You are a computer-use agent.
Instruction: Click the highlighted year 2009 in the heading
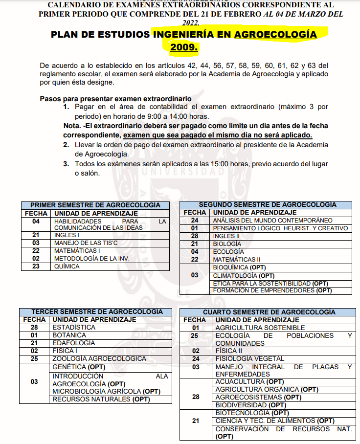184,47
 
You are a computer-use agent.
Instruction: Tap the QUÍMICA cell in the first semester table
67,266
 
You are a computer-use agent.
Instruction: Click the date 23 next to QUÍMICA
36,266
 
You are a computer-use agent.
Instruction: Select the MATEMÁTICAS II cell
237,259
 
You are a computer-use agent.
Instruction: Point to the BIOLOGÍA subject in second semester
227,244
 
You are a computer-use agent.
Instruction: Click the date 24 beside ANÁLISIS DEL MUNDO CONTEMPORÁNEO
195,221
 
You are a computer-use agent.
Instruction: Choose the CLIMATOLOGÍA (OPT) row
244,275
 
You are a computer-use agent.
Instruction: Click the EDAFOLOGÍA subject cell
74,343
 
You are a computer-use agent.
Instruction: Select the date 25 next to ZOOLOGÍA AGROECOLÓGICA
34,358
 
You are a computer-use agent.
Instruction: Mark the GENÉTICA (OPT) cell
76,366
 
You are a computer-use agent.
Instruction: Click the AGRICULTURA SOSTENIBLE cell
260,328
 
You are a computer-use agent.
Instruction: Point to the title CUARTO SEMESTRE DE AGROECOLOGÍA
269,312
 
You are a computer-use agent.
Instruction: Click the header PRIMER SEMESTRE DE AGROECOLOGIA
95,205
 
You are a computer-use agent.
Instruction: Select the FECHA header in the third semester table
34,319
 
